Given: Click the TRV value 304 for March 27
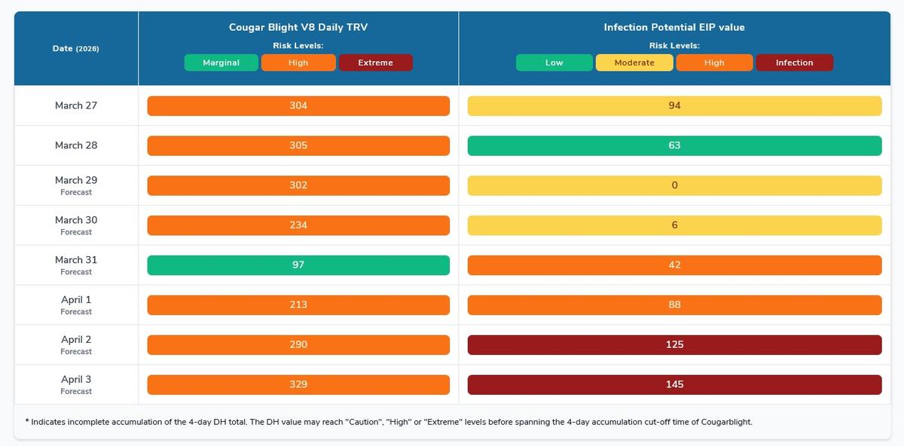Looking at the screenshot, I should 298,106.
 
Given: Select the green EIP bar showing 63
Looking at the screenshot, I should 674,146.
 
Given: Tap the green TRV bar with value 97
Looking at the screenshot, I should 298,265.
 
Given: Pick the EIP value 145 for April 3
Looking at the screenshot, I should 674,385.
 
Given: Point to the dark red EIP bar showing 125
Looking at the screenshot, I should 674,345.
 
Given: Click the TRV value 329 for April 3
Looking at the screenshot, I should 298,385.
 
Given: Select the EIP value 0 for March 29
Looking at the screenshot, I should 674,186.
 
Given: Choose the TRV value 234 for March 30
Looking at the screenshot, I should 298,225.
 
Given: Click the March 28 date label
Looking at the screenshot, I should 76,145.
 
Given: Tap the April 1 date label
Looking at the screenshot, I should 76,300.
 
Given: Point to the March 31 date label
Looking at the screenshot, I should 76,260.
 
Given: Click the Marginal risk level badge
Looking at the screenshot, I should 221,63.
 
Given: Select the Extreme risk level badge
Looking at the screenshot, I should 375,63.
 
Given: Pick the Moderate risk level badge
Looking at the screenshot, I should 634,63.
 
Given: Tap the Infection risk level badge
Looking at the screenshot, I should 794,63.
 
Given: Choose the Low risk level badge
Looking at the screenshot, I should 554,63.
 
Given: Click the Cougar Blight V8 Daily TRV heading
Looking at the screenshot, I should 298,27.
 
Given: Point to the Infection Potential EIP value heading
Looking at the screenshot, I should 674,27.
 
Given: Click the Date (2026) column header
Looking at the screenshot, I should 76,48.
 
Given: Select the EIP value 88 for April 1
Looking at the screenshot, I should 674,305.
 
